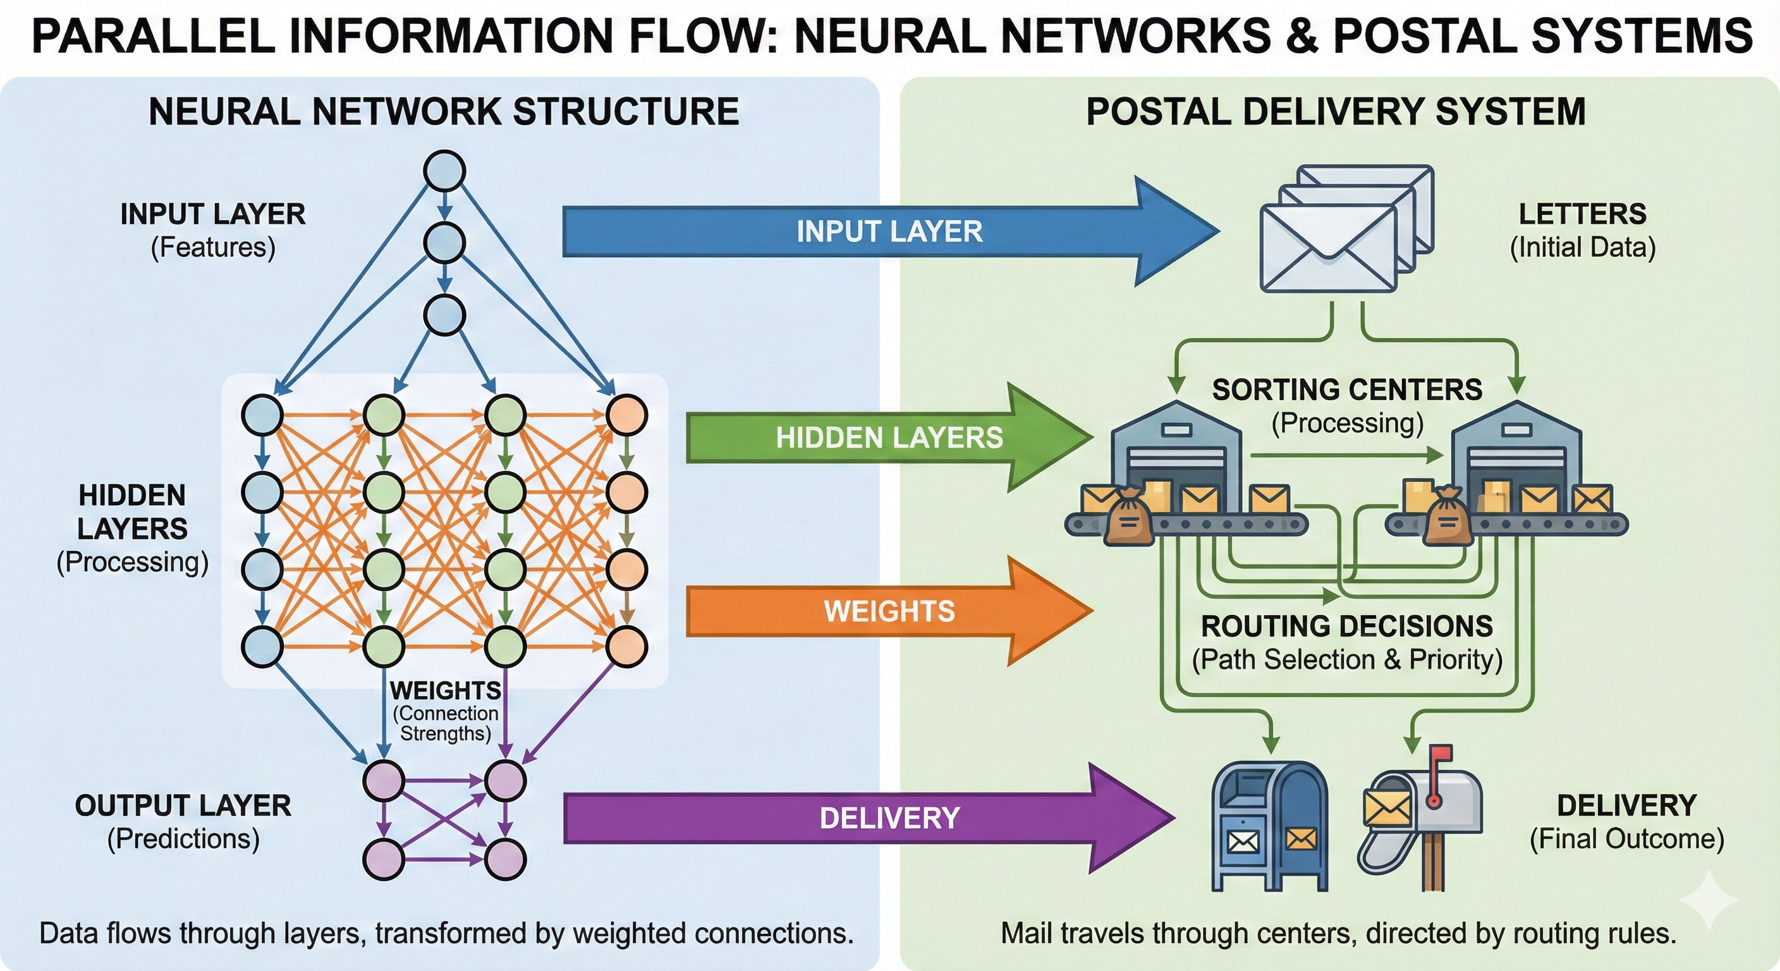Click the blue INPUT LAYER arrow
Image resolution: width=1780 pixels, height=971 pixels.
[889, 231]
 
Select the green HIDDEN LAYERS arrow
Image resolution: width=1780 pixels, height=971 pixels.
[889, 437]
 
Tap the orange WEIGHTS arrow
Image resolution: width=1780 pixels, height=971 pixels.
[889, 611]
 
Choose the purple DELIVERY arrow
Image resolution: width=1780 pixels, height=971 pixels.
[889, 818]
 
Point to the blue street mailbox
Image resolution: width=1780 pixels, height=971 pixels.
[1270, 826]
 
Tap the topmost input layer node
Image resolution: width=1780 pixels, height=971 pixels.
[444, 171]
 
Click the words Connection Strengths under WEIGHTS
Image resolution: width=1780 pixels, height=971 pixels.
[446, 724]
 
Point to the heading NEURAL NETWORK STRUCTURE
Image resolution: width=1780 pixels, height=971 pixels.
[444, 112]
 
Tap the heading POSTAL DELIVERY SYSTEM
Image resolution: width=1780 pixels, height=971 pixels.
[1336, 112]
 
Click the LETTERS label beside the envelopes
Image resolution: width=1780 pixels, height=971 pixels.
[1582, 214]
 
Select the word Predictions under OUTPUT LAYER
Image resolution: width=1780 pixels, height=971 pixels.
[183, 839]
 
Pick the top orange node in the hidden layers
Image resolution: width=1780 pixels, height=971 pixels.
[626, 415]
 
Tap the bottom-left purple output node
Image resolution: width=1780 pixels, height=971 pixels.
[384, 859]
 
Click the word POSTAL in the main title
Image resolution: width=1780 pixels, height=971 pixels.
[1424, 36]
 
